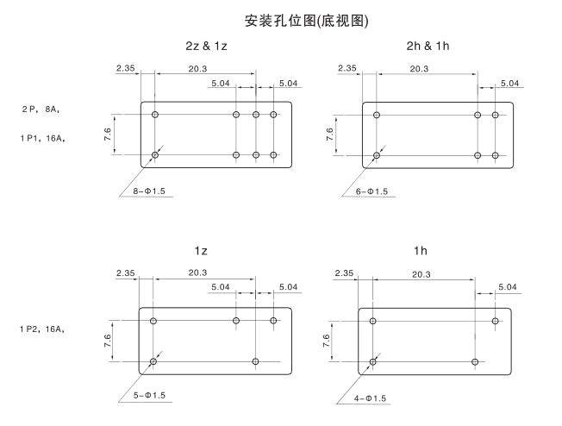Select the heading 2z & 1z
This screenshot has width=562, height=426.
point(206,45)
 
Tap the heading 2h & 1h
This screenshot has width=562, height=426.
point(427,45)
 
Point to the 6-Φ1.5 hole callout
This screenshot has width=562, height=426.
point(372,191)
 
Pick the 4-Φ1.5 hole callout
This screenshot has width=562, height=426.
point(372,398)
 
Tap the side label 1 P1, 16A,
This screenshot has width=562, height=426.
point(44,138)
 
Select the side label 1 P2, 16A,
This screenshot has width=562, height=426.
point(44,329)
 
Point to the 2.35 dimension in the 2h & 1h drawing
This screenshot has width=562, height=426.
point(347,68)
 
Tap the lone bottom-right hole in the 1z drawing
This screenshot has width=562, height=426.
point(256,361)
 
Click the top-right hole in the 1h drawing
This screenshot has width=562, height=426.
point(495,321)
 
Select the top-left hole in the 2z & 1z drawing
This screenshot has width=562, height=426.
point(155,115)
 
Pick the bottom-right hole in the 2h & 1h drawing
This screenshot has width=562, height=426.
point(495,155)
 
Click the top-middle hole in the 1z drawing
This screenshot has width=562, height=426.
point(236,321)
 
